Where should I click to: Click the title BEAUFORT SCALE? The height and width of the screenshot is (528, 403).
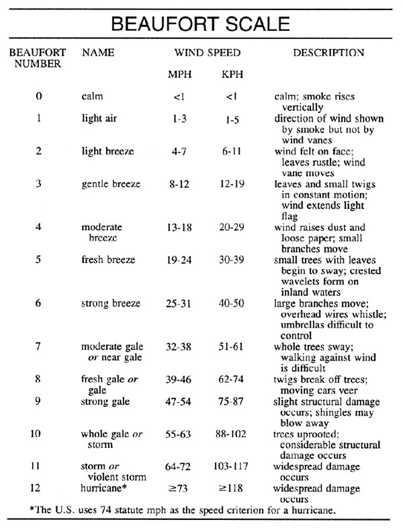point(201,25)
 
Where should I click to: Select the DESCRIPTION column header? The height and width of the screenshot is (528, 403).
point(329,52)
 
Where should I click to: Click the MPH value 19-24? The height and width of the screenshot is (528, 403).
point(179,260)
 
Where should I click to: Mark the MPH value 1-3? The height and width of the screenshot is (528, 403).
point(179,118)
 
